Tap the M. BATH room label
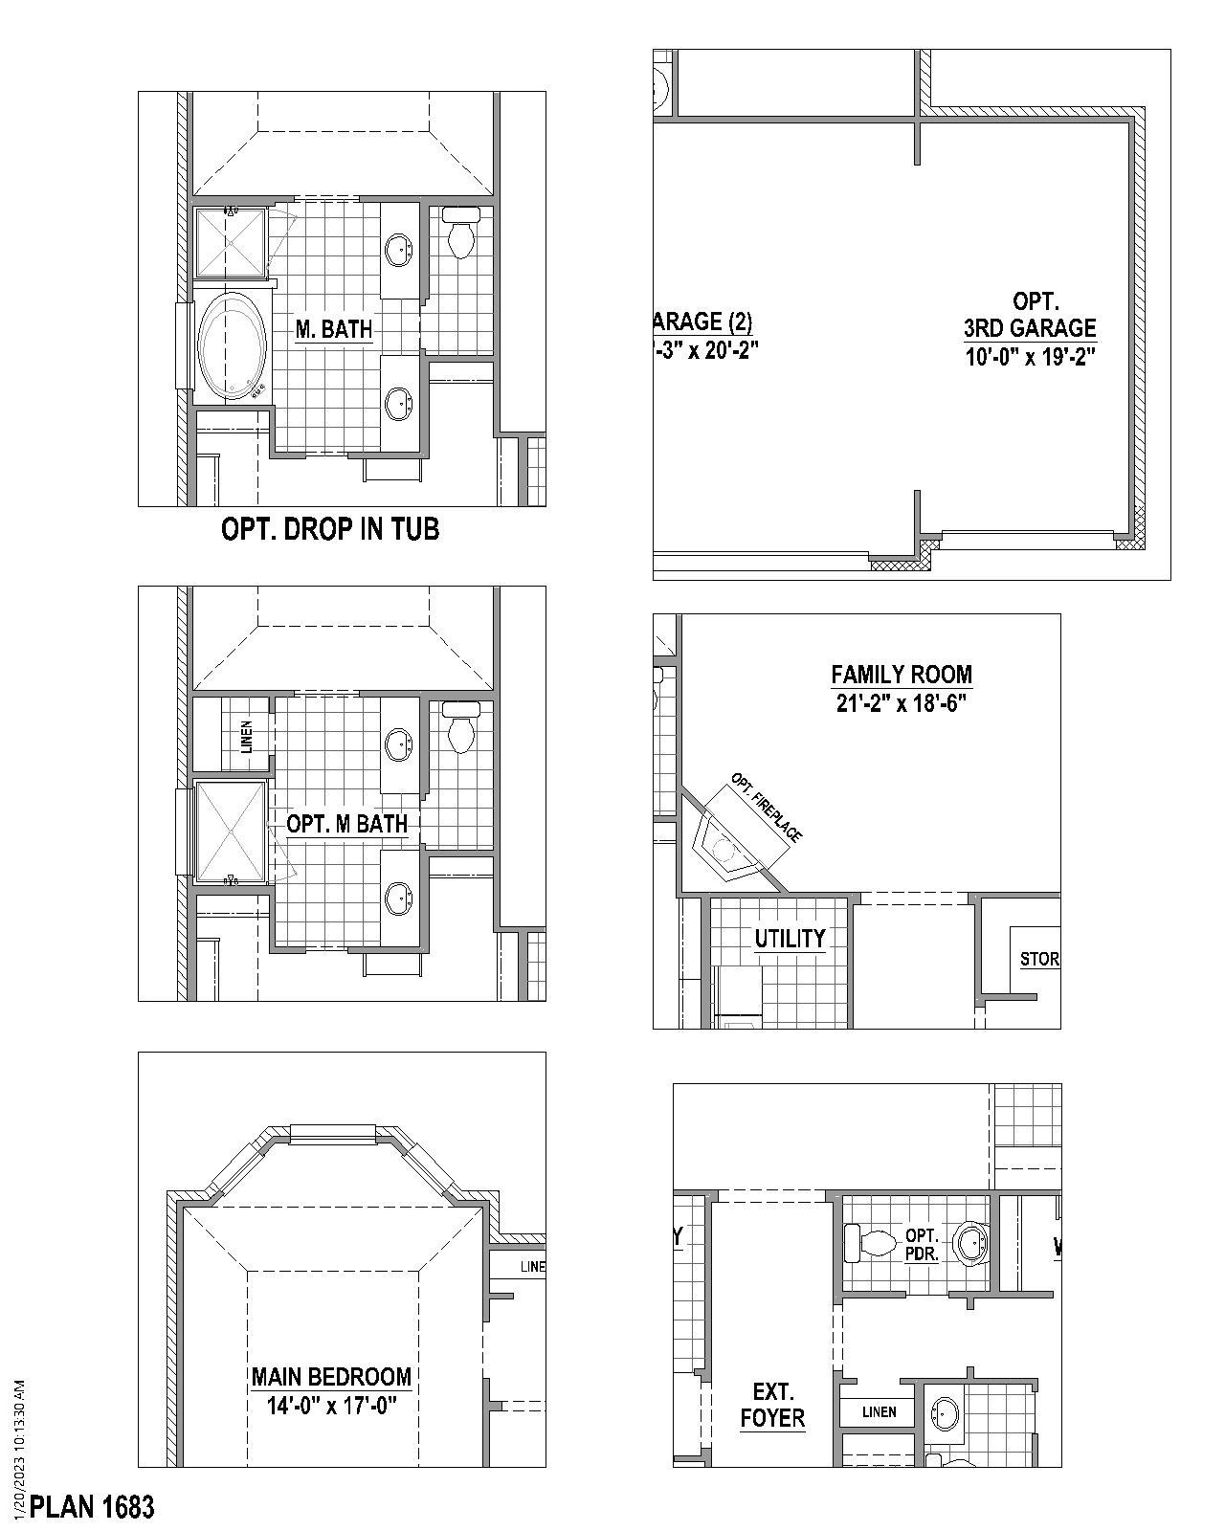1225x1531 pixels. pyautogui.click(x=333, y=330)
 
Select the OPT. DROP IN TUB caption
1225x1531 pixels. pyautogui.click(x=330, y=529)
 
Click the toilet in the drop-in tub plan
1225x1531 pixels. pyautogui.click(x=461, y=234)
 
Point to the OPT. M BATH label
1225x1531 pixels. pyautogui.click(x=346, y=824)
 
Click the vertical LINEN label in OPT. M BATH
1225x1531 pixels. pyautogui.click(x=246, y=736)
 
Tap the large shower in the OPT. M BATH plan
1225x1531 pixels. pyautogui.click(x=231, y=831)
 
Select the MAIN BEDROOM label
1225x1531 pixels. pyautogui.click(x=331, y=1377)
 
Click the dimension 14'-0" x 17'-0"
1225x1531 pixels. pyautogui.click(x=331, y=1407)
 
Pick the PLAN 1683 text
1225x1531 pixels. pyautogui.click(x=92, y=1508)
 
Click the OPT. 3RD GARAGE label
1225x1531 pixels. pyautogui.click(x=1029, y=316)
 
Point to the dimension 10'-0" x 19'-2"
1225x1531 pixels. pyautogui.click(x=1029, y=357)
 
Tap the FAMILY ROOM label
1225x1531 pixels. pyautogui.click(x=901, y=675)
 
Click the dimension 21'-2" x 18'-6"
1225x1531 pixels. pyautogui.click(x=901, y=704)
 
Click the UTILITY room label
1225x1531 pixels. pyautogui.click(x=790, y=939)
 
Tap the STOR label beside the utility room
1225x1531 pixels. pyautogui.click(x=1039, y=959)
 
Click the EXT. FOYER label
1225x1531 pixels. pyautogui.click(x=772, y=1406)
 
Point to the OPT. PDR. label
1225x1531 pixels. pyautogui.click(x=922, y=1244)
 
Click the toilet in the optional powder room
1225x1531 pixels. pyautogui.click(x=870, y=1242)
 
